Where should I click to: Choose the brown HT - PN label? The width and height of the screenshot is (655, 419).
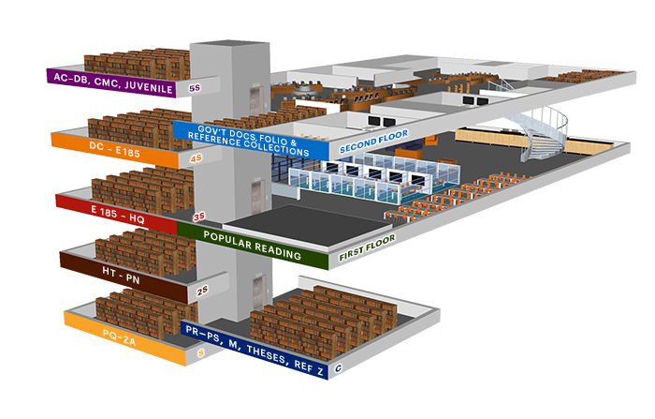122,273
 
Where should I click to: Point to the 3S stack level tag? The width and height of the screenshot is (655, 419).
198,217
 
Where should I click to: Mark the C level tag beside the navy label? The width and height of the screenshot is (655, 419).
338,369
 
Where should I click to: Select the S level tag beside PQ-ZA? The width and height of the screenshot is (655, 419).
201,352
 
